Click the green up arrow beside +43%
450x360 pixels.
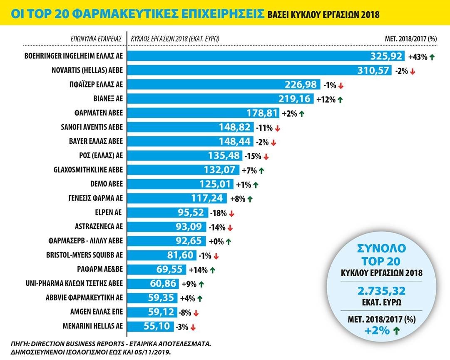click(433, 57)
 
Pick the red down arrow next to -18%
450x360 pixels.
click(232, 213)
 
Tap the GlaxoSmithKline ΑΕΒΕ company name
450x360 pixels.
click(89, 170)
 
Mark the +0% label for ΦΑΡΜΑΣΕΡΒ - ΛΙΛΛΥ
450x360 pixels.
click(215, 241)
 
